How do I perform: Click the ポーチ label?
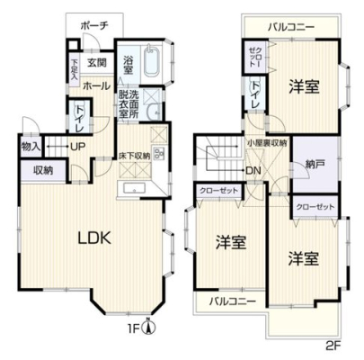93,26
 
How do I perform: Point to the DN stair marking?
253,170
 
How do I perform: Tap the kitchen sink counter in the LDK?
138,188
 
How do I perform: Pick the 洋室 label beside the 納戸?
303,87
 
